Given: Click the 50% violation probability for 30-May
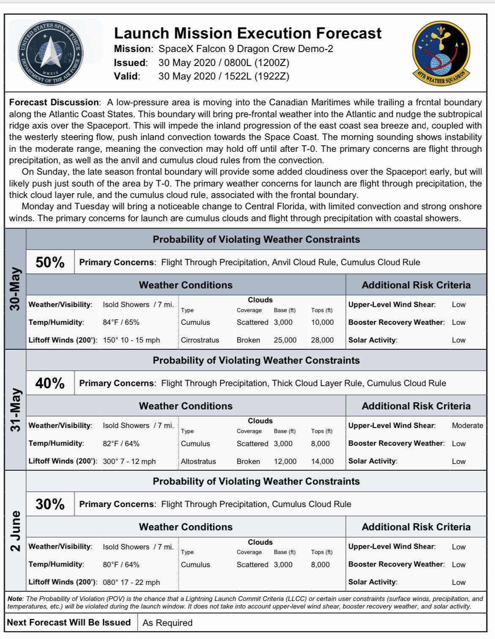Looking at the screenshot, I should pos(50,262).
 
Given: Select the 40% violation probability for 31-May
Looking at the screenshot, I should pos(50,383).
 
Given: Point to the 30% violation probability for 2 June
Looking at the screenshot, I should pos(50,504).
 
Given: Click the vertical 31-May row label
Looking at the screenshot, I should pos(15,410).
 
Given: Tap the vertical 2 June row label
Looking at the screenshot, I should pos(15,531).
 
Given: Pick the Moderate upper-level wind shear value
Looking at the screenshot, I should pos(467,425).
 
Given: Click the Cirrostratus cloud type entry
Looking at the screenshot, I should pos(200,340).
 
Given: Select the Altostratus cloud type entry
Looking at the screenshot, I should pos(198,461).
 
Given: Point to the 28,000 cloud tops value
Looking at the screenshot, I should pos(322,340).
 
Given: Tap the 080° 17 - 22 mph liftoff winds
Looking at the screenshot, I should pos(131,582).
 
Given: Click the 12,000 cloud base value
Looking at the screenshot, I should pos(285,461).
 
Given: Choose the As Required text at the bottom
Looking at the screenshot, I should pos(167,623).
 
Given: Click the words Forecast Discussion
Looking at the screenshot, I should pos(54,102).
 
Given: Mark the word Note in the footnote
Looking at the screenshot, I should pos(14,599).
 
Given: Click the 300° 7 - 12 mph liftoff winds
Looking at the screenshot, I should pos(129,461).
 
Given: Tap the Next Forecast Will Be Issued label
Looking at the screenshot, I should pos(69,623).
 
